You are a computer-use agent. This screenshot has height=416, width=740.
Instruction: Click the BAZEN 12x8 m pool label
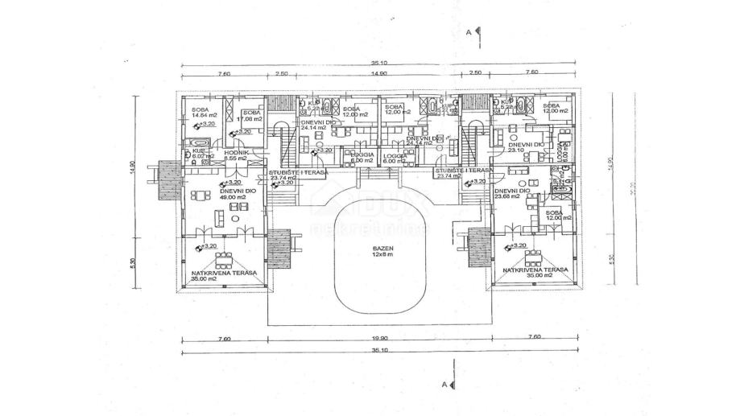pyautogui.click(x=378, y=250)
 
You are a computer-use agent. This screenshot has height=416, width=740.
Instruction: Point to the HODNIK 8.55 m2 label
pyautogui.click(x=237, y=155)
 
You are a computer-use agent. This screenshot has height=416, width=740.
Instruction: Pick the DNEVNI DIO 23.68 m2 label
pyautogui.click(x=511, y=193)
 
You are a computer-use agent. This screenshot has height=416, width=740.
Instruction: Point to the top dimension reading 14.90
pyautogui.click(x=378, y=73)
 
